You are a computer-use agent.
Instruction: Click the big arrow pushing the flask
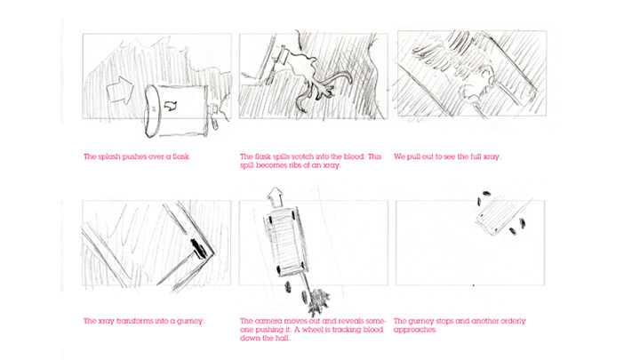tap(120, 90)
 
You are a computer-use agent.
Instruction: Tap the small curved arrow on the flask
tap(170, 106)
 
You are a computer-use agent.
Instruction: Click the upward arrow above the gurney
tap(276, 197)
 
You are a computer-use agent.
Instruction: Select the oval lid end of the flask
tap(153, 110)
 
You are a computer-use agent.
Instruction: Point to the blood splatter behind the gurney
tap(320, 301)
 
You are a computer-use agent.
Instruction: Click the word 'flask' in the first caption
tap(180, 156)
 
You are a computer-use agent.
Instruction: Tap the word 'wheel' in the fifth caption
tap(315, 330)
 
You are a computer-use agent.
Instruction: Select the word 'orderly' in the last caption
tap(512, 321)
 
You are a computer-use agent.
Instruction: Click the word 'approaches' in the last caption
tap(415, 330)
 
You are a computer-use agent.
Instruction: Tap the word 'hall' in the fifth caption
tap(284, 339)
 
